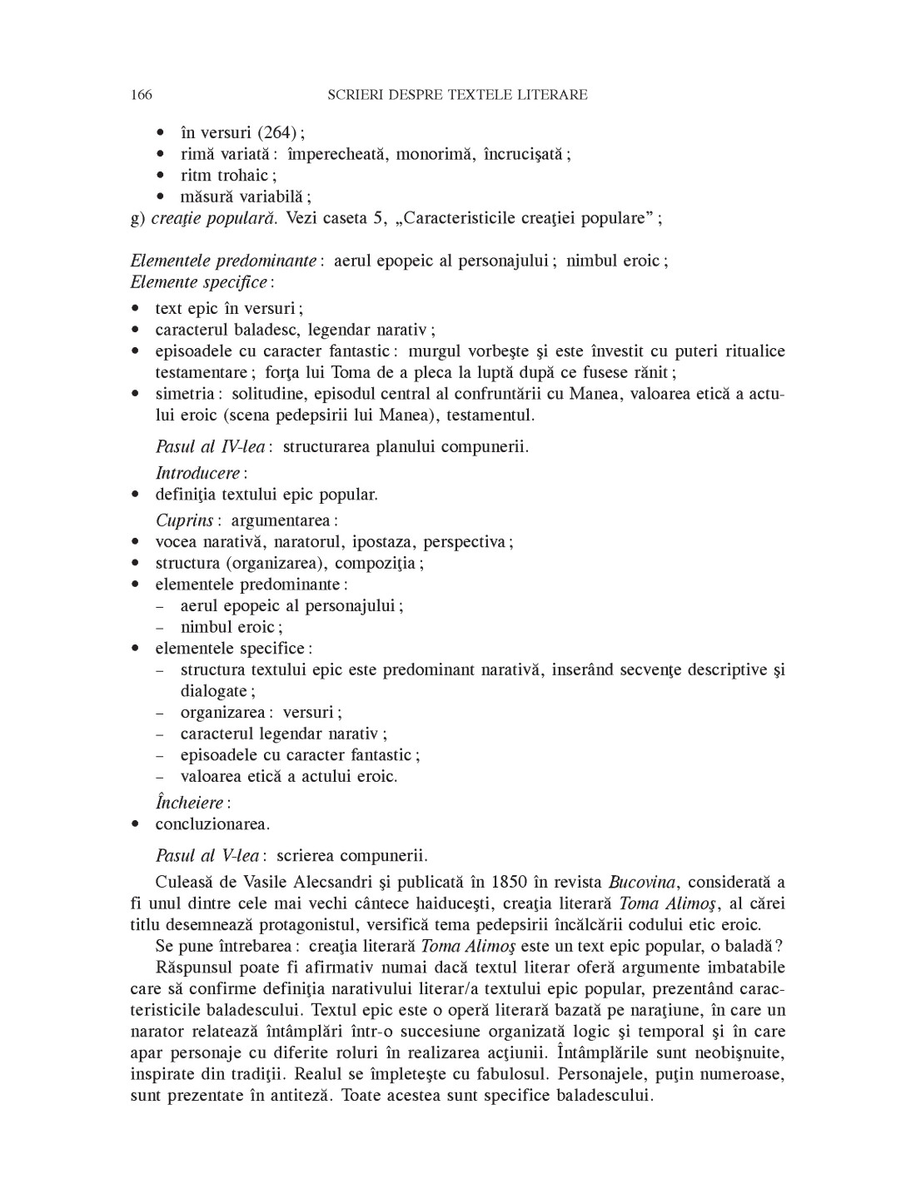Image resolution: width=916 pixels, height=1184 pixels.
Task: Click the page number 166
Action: [142, 95]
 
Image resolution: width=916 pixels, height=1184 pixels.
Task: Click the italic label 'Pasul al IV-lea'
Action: [210, 447]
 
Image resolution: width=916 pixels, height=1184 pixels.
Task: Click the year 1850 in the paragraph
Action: [510, 883]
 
